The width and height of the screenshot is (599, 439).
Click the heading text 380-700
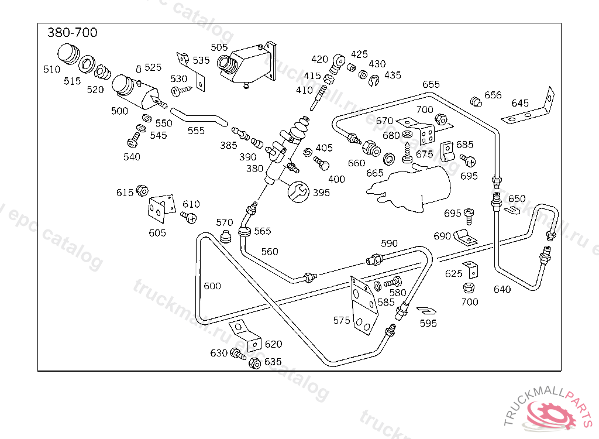point(72,33)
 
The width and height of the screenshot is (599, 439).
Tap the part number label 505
point(219,47)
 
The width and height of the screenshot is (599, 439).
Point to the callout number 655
point(431,85)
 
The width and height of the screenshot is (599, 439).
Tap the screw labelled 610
point(188,217)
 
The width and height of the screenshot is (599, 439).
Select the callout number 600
point(212,286)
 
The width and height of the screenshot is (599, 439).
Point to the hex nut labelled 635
point(254,362)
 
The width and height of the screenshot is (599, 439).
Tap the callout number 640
point(502,289)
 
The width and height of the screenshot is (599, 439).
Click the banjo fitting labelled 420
point(338,60)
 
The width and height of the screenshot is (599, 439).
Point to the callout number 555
point(196,131)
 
